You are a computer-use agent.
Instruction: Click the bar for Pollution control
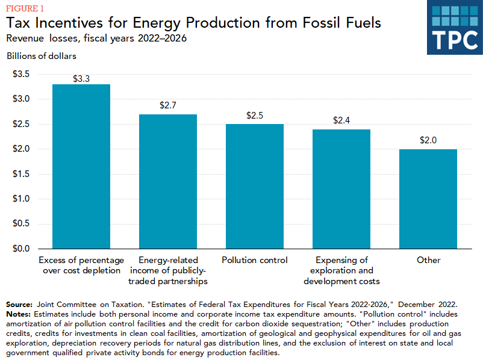tap(255, 187)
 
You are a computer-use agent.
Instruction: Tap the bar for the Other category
tap(428, 199)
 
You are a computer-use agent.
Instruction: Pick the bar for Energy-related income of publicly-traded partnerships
tap(168, 181)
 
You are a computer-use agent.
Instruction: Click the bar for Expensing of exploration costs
tap(341, 189)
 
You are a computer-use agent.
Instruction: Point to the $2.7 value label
tap(168, 105)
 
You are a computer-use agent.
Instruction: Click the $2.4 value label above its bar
tap(341, 120)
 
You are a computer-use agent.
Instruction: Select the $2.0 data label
tap(428, 140)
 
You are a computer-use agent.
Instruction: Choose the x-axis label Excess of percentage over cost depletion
tap(81, 265)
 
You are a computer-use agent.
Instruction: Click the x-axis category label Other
tap(428, 260)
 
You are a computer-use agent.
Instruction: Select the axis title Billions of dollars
tap(42, 56)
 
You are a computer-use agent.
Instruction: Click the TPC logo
tap(455, 27)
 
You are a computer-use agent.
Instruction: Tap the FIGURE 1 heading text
tap(25, 7)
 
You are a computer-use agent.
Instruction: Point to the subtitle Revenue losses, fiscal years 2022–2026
tap(96, 38)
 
